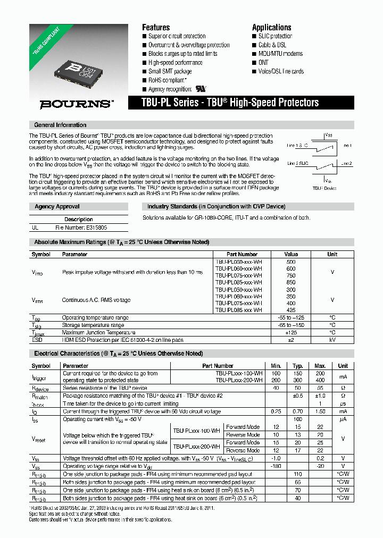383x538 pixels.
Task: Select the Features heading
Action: [156, 28]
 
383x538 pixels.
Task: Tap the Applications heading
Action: [271, 28]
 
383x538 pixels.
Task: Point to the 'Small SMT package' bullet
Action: [170, 71]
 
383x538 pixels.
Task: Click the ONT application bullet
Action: [264, 63]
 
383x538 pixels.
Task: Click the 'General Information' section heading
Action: [60, 125]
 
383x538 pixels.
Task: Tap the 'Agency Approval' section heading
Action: [57, 206]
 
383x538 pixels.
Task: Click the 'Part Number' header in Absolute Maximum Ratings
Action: [242, 254]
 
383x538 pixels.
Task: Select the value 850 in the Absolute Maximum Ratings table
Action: [291, 282]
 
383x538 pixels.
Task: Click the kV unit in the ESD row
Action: [332, 339]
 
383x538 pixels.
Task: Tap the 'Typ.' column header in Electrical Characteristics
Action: [298, 366]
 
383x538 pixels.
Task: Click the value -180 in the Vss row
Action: [276, 466]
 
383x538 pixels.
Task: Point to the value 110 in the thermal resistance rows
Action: [298, 474]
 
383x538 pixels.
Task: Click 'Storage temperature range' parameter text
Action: [93, 325]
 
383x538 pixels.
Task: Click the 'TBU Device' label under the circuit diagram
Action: [324, 188]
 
